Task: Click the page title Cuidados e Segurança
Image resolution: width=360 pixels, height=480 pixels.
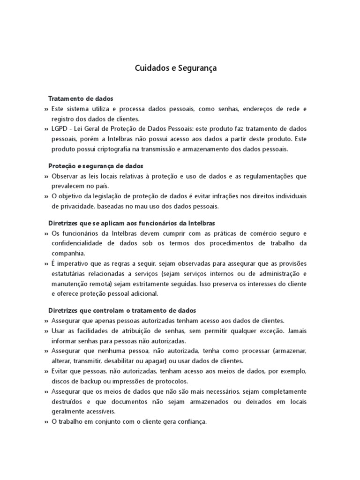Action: [176, 68]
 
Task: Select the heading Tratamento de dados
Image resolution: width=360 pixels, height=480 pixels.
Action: [81, 99]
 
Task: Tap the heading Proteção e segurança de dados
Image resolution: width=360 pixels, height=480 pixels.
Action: [96, 166]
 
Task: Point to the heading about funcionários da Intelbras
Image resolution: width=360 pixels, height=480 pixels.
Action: [131, 223]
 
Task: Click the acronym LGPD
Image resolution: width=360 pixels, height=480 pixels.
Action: [60, 128]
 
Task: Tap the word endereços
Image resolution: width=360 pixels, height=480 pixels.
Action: [258, 109]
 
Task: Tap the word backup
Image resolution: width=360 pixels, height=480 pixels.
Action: [90, 381]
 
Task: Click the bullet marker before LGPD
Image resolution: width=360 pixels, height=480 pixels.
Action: [46, 129]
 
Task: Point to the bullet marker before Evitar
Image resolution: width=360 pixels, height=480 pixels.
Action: [46, 371]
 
